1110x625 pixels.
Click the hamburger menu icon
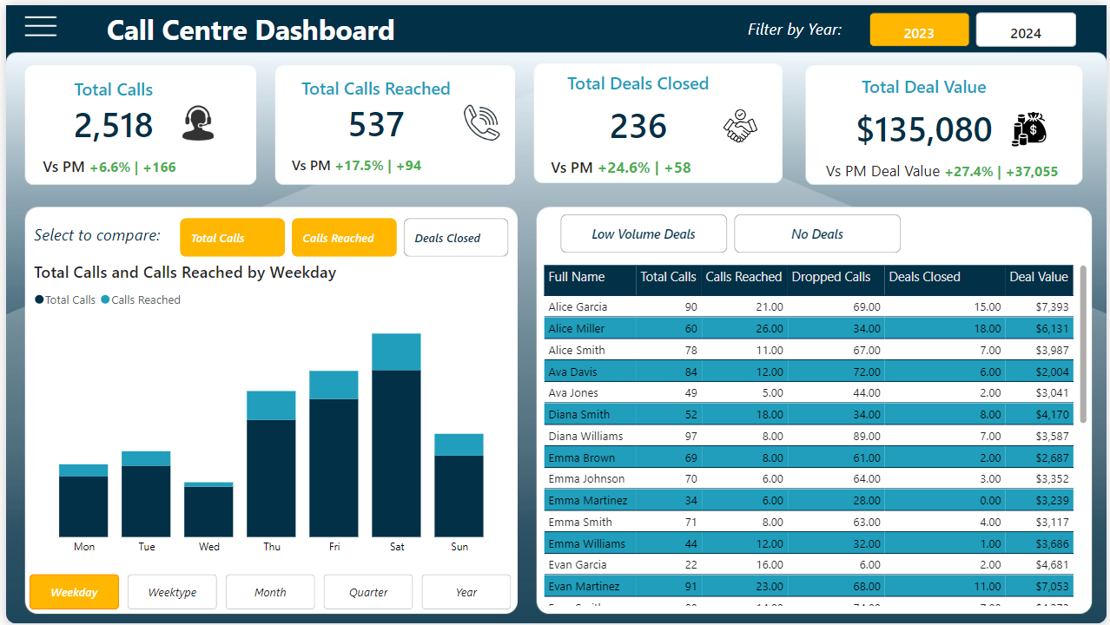41,27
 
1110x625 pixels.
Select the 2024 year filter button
1025,31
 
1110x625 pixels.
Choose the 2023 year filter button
918,31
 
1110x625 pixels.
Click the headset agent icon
198,123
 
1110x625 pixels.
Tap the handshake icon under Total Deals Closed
740,127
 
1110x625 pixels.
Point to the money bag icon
1029,129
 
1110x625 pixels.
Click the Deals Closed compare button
455,238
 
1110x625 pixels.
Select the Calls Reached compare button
343,238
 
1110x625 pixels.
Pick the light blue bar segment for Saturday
396,352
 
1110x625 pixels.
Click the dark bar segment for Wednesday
208,511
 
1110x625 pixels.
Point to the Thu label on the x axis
272,547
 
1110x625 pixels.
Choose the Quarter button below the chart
368,592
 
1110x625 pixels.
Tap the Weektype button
172,592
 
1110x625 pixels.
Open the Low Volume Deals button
643,234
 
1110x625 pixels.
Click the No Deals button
816,234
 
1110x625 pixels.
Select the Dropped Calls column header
830,278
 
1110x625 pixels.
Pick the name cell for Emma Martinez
587,500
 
